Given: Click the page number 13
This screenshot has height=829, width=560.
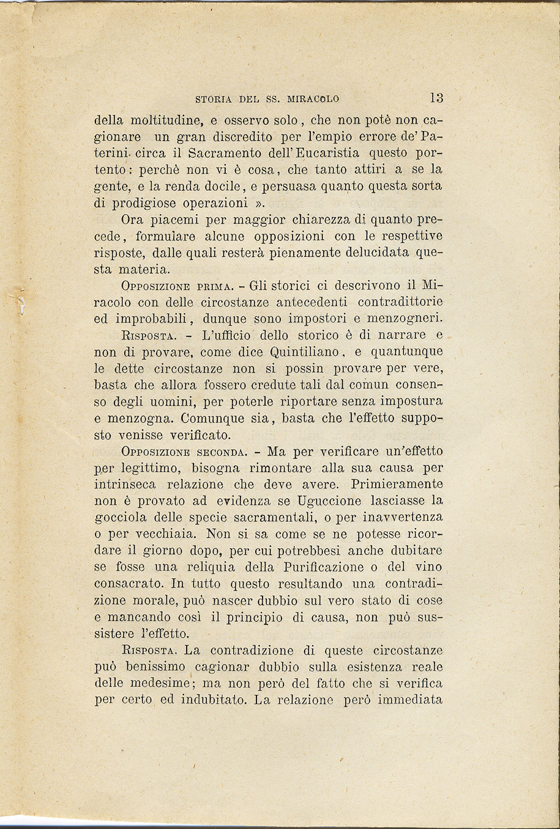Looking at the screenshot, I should click(x=436, y=98).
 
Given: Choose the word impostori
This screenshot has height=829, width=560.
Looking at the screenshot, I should click(x=338, y=319).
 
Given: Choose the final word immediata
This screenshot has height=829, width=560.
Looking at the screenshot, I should click(x=410, y=699).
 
